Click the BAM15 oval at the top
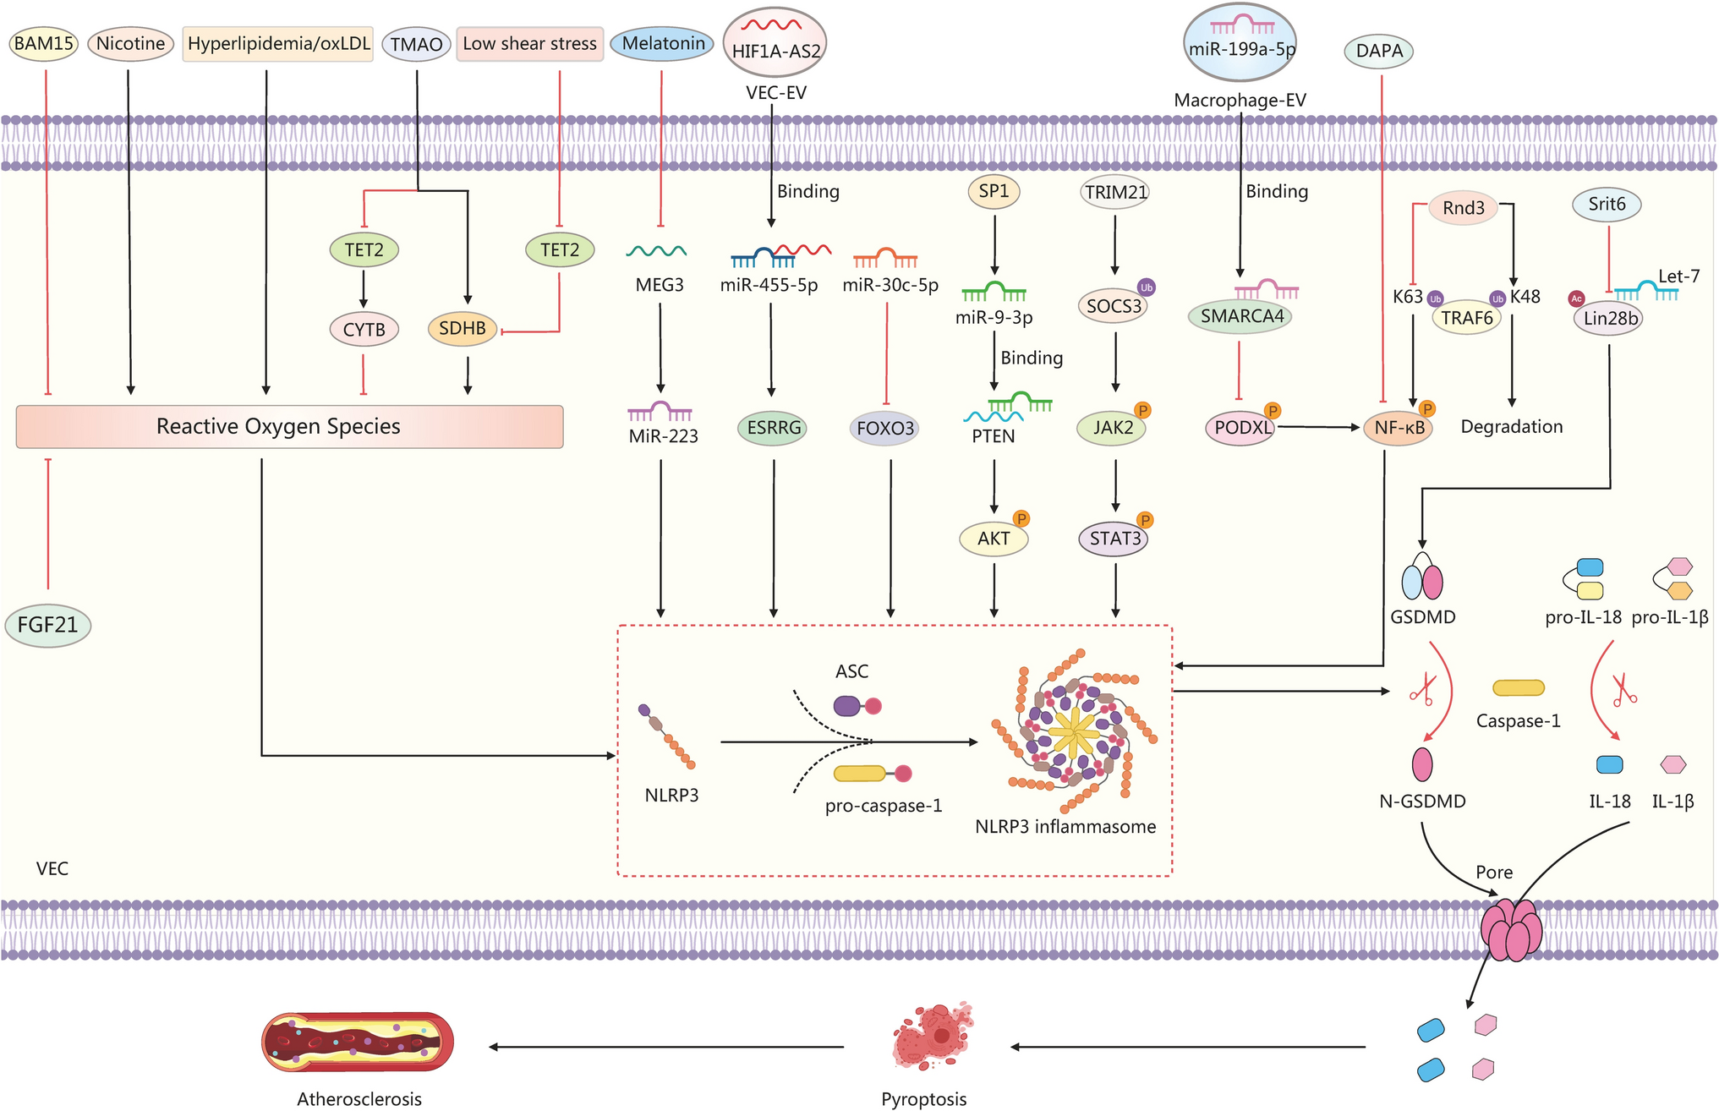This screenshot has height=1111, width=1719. (x=44, y=43)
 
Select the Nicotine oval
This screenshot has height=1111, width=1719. (x=130, y=43)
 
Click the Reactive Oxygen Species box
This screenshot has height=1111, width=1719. (x=289, y=426)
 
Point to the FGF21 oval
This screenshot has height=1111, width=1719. (x=47, y=625)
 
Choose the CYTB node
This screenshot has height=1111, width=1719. (x=364, y=330)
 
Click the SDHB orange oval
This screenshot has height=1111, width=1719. (x=462, y=328)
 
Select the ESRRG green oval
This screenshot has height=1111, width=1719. (x=773, y=428)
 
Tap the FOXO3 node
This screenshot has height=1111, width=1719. (x=884, y=428)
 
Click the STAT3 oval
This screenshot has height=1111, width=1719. (x=1114, y=539)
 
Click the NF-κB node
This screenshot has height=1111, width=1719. (x=1399, y=428)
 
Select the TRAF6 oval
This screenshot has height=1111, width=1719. (x=1466, y=318)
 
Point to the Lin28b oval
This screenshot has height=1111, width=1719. (x=1609, y=319)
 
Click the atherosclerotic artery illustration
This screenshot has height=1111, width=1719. (x=358, y=1043)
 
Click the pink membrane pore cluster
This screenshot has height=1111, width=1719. (x=1511, y=930)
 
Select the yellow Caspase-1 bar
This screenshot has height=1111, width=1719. (x=1518, y=688)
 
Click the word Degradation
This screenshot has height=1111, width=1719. (x=1511, y=426)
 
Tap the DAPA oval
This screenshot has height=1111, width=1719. (x=1378, y=51)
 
